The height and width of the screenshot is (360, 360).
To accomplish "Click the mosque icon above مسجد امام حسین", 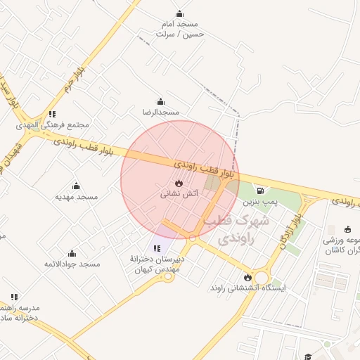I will click(179, 13).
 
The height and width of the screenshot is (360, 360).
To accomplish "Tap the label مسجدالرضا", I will click(161, 112).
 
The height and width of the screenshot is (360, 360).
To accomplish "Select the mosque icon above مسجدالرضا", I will click(161, 101).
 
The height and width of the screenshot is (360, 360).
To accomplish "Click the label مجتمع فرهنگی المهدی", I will click(53, 125).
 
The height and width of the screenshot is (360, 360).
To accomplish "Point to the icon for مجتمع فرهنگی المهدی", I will click(52, 114).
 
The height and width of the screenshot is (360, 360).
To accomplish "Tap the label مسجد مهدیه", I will click(76, 198).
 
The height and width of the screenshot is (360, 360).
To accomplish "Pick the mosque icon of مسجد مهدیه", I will click(76, 186).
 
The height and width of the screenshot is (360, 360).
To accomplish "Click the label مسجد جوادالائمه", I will click(72, 264).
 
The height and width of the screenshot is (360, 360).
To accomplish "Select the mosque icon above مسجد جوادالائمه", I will click(72, 253).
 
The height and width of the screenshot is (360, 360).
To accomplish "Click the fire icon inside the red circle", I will click(179, 182).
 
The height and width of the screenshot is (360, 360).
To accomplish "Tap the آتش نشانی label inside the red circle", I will click(179, 193).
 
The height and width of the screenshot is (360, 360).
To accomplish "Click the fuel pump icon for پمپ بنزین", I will click(261, 190).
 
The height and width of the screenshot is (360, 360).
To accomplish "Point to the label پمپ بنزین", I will click(261, 201).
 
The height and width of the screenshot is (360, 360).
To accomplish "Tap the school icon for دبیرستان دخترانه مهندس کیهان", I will click(157, 247).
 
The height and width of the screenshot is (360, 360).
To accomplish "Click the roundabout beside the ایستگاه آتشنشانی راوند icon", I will click(263, 277).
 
